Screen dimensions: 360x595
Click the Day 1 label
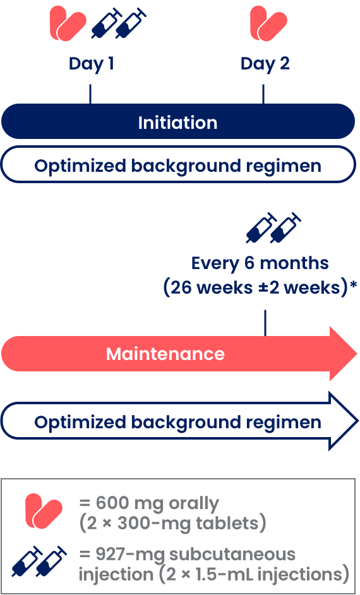pyautogui.click(x=92, y=64)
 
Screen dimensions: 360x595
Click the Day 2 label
pyautogui.click(x=265, y=64)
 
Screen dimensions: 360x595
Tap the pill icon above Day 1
pyautogui.click(x=68, y=23)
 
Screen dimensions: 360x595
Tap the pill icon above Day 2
pyautogui.click(x=268, y=23)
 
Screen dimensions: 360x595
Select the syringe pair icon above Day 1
pyautogui.click(x=119, y=23)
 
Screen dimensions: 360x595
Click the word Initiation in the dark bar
pyautogui.click(x=177, y=123)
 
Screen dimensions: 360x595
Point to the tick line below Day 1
pyautogui.click(x=90, y=94)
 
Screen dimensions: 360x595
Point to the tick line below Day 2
pyautogui.click(x=263, y=94)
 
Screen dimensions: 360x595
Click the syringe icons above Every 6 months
pyautogui.click(x=273, y=227)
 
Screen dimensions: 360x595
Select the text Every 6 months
pyautogui.click(x=260, y=263)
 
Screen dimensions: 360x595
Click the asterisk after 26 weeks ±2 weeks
pyautogui.click(x=354, y=285)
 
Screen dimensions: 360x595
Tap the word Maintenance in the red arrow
pyautogui.click(x=165, y=354)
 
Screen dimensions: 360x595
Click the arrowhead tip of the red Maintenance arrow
pyautogui.click(x=357, y=354)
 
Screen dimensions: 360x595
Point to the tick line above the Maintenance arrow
pyautogui.click(x=265, y=323)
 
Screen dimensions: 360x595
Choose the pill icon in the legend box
pyautogui.click(x=44, y=511)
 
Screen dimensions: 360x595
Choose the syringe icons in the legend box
pyautogui.click(x=39, y=562)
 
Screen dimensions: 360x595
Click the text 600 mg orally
pyautogui.click(x=149, y=503)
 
